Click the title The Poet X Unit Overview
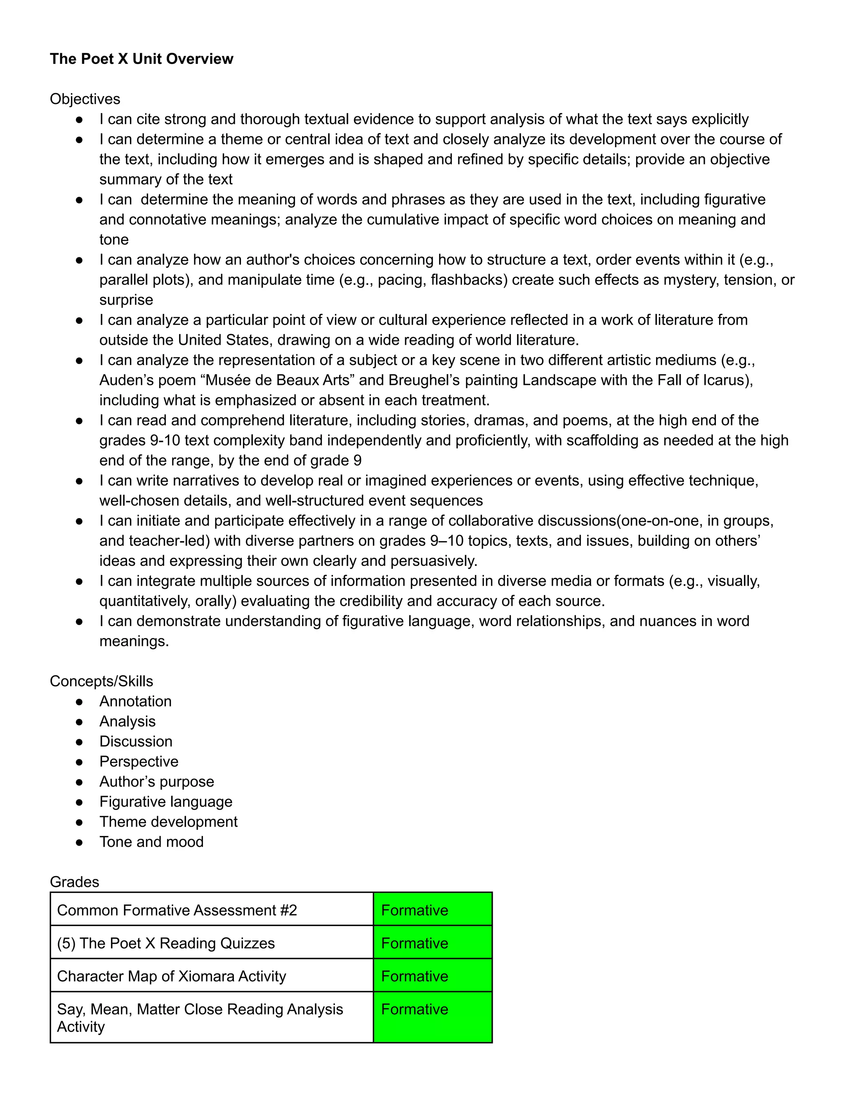(x=141, y=59)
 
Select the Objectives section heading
(x=85, y=99)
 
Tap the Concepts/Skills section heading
(x=101, y=681)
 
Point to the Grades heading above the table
(x=75, y=882)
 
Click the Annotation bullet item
(x=135, y=701)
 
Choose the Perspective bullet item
(x=139, y=761)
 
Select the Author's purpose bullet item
(x=156, y=781)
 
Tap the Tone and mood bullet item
(x=151, y=842)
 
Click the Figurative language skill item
(x=166, y=802)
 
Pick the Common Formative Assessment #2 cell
(x=177, y=910)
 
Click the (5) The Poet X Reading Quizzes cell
(x=166, y=943)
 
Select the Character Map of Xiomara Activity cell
(x=171, y=976)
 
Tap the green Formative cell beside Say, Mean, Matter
(x=432, y=1017)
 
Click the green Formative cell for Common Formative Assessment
(x=432, y=910)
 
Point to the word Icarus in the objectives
(x=725, y=380)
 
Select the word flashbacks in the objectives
(x=467, y=280)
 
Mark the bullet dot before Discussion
(x=79, y=742)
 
